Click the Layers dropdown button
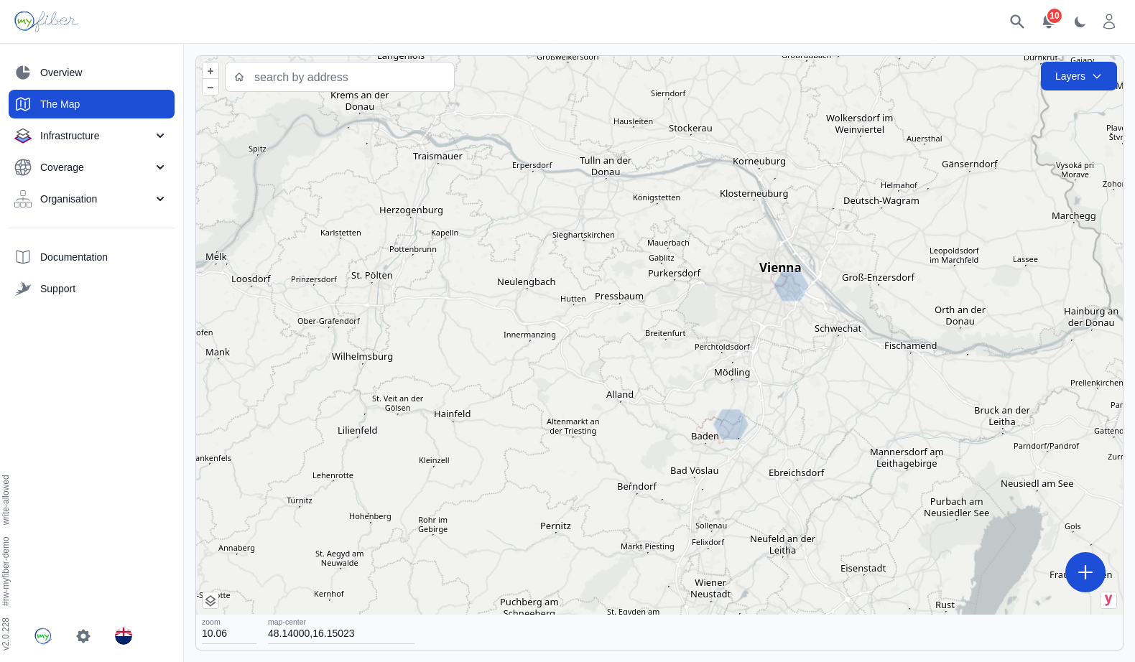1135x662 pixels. [1078, 76]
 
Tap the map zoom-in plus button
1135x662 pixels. [210, 71]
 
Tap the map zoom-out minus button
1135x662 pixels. [210, 88]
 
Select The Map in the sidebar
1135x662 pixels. [91, 104]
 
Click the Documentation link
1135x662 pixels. [73, 257]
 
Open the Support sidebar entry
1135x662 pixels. [57, 289]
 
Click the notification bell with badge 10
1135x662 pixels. [1048, 22]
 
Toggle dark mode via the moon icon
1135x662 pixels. [1080, 22]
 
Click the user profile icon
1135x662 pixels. [1109, 22]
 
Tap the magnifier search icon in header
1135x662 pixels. [1016, 22]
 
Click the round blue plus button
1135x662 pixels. [1085, 572]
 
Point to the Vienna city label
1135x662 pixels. [779, 268]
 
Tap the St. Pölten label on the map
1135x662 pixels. [371, 275]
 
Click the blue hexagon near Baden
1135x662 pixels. [731, 424]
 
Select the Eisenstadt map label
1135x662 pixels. [863, 569]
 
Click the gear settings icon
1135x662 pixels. [83, 636]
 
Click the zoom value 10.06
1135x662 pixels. [215, 633]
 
